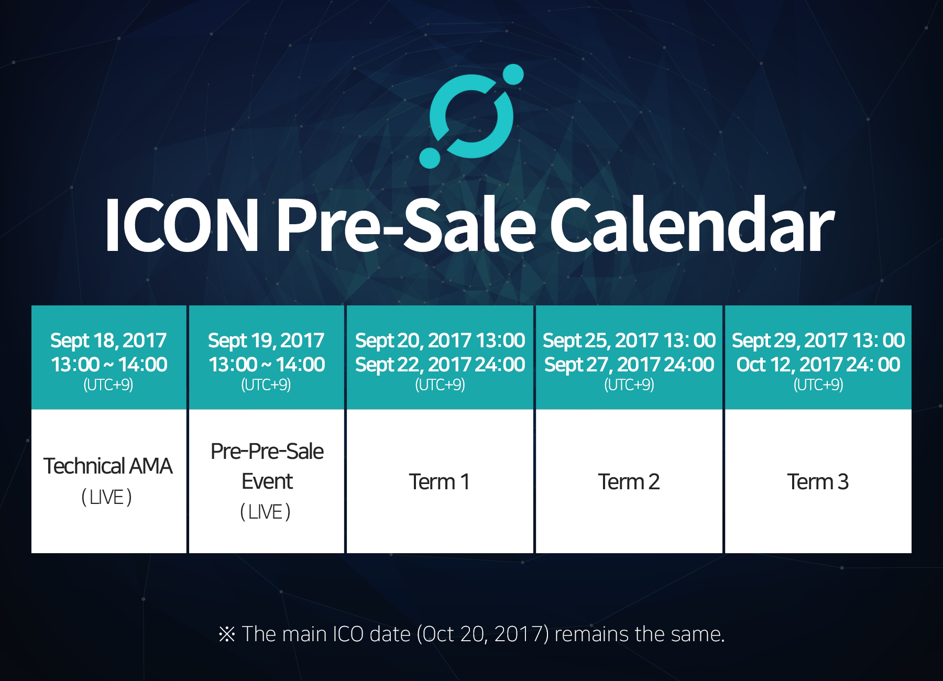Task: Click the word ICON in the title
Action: (181, 225)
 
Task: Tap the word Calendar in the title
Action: (692, 225)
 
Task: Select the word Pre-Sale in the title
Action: (406, 225)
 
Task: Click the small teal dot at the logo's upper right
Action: (513, 74)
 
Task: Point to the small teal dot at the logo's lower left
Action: (430, 158)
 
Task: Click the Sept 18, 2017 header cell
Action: (108, 357)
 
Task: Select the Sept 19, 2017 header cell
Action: (266, 357)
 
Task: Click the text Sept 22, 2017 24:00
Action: (440, 365)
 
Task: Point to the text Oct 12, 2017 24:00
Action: (818, 365)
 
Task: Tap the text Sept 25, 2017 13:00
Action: (629, 340)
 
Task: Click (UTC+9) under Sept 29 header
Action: (818, 385)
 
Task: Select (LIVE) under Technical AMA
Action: (107, 497)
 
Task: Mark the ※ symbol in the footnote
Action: (227, 634)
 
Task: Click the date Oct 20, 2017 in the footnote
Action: (483, 634)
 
